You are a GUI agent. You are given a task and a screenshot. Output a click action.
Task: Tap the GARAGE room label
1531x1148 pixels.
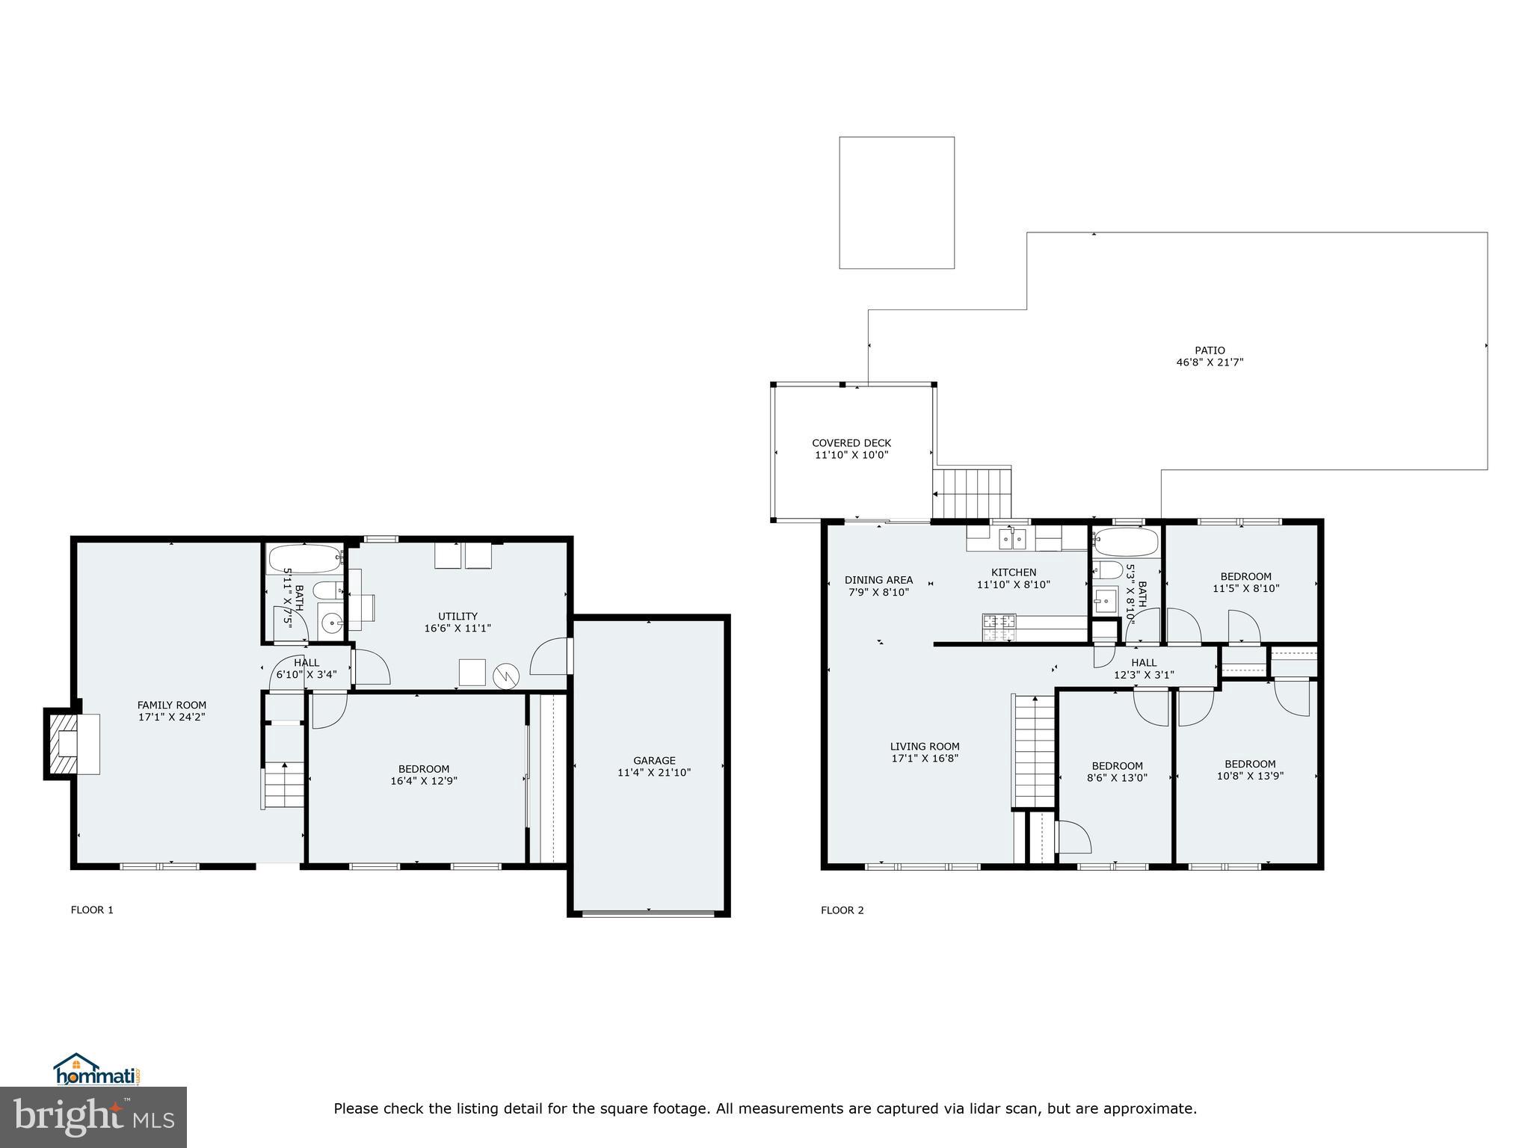click(x=653, y=760)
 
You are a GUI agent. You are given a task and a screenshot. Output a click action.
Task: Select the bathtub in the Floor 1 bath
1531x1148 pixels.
click(x=304, y=558)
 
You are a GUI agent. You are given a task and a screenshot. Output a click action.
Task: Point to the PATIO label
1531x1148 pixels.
click(x=1209, y=350)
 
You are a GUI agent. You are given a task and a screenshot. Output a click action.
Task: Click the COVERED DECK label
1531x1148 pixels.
click(x=851, y=442)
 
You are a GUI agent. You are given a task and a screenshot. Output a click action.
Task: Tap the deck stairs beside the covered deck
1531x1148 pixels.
click(x=972, y=493)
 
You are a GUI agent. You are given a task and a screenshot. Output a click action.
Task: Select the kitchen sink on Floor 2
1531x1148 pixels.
click(x=1013, y=537)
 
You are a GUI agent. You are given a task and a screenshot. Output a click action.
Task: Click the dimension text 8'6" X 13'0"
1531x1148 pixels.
click(x=1117, y=777)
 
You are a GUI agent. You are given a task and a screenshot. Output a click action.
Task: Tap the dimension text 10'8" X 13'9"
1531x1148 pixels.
click(x=1249, y=776)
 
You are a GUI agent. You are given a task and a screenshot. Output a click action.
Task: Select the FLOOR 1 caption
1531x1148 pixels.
click(x=92, y=910)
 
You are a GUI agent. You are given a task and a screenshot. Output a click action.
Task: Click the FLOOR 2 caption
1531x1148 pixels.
click(x=842, y=910)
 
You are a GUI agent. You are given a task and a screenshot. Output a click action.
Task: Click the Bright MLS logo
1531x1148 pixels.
click(x=93, y=1117)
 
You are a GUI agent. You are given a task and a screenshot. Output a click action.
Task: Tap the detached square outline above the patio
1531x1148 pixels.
click(x=896, y=202)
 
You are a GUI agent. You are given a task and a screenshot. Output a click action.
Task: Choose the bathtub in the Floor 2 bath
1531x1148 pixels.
click(x=1124, y=542)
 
